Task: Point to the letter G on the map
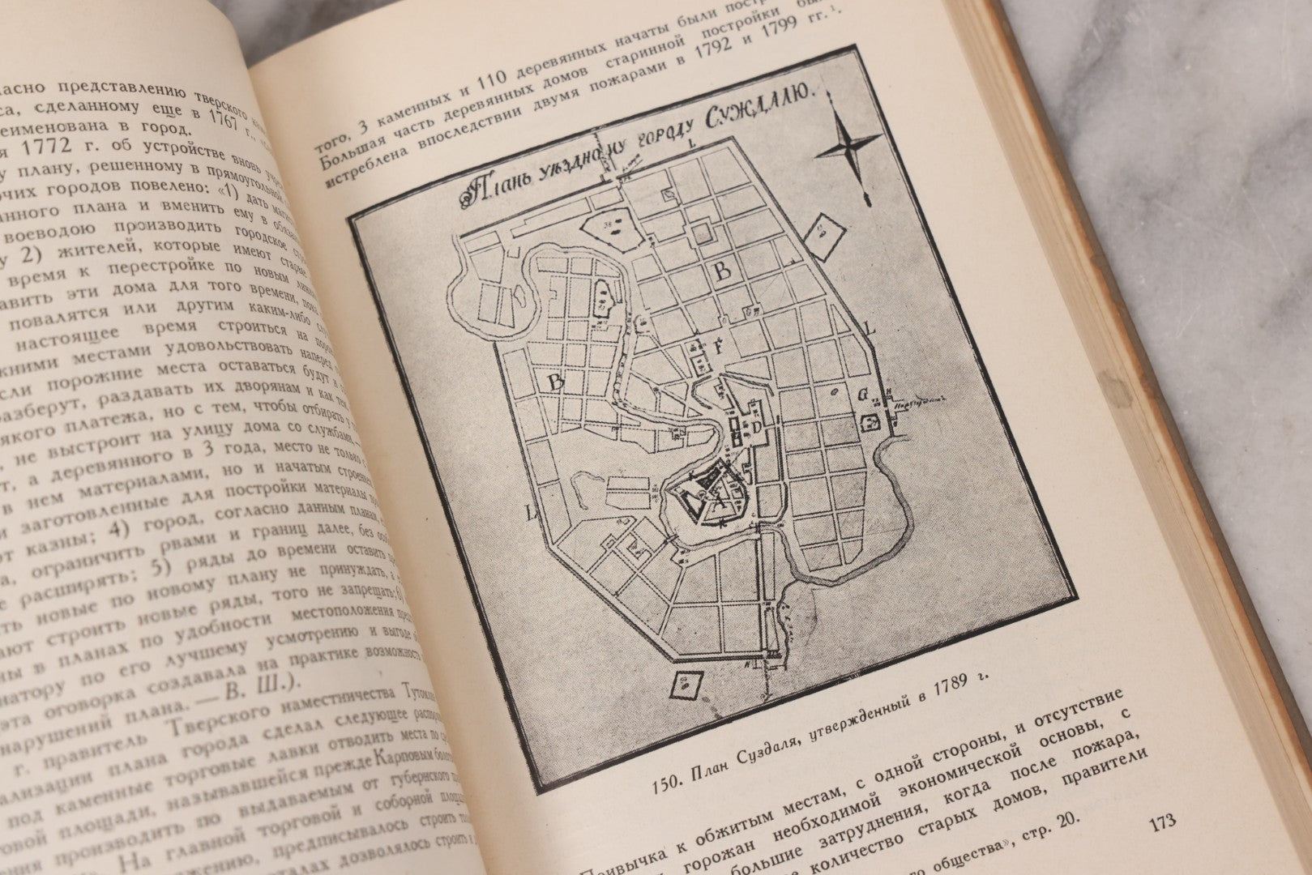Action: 862,398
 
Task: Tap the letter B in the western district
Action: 557,383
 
